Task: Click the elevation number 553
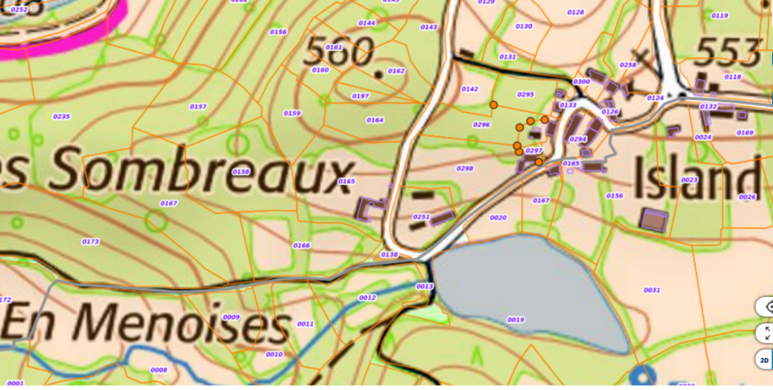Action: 727,52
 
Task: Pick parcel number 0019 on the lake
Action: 516,320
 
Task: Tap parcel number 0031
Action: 652,290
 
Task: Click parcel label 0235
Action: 62,116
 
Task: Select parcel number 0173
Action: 90,241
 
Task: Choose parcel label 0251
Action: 421,217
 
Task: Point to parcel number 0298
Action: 465,168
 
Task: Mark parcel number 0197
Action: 360,96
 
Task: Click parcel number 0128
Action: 575,12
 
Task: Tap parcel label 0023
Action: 690,180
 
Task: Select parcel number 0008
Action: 158,370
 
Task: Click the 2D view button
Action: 764,360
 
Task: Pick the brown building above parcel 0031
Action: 654,219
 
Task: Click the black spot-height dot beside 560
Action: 378,74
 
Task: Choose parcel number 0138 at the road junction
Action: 389,254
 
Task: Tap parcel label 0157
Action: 198,106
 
